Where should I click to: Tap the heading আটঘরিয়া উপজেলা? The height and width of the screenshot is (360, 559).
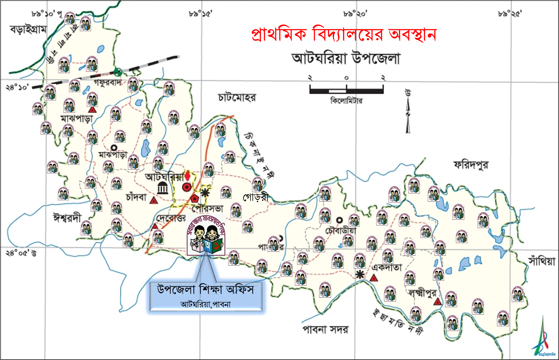[347, 58]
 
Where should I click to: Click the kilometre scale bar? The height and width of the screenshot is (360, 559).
[346, 90]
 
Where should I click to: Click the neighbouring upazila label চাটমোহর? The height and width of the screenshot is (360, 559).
[237, 97]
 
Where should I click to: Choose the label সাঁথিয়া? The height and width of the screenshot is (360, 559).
[541, 261]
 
